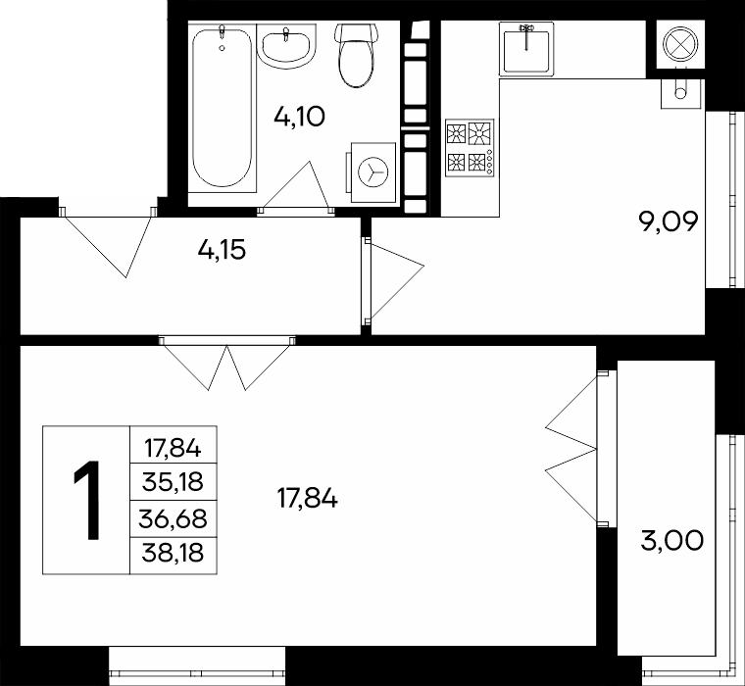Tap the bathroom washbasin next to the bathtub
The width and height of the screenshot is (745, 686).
click(x=286, y=46)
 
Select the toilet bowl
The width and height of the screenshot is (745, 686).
click(x=357, y=55)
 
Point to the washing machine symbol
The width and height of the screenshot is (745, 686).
click(x=372, y=171)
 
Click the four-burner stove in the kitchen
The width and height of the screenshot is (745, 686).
click(x=470, y=147)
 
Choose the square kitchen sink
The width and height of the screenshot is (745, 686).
click(x=526, y=48)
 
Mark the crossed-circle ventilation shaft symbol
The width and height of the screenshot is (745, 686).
click(x=680, y=44)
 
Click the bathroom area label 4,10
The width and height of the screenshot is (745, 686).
click(x=299, y=117)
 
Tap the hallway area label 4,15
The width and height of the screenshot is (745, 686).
click(x=222, y=250)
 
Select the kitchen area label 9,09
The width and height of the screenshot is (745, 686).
click(x=669, y=221)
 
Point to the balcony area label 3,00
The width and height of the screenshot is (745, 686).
click(x=671, y=541)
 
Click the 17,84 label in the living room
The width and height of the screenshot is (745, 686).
click(x=308, y=499)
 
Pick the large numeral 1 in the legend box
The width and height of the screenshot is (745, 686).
click(x=87, y=500)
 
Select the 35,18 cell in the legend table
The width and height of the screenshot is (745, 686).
click(x=173, y=482)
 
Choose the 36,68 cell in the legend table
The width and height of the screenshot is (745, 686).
click(x=173, y=518)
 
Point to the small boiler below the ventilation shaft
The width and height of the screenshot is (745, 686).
click(x=681, y=93)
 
